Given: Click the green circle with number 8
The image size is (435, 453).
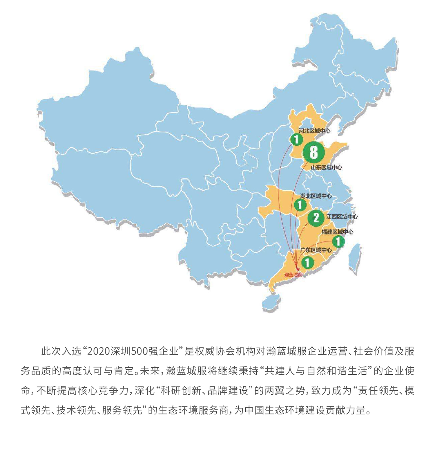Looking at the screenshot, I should [313, 152].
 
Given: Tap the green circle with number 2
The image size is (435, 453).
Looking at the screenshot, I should [316, 218].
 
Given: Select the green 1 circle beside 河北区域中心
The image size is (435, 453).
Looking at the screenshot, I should [296, 139].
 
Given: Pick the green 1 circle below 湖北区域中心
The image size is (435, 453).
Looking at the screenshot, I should [300, 205].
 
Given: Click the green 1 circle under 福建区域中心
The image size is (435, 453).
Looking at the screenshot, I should [338, 241].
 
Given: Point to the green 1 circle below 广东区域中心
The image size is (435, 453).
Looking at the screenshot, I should [308, 263].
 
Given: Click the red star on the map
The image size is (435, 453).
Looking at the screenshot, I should [298, 269].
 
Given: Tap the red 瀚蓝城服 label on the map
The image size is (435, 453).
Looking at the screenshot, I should [293, 275].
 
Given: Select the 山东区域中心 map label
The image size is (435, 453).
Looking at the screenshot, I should [326, 167].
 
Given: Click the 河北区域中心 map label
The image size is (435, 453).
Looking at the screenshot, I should [314, 131].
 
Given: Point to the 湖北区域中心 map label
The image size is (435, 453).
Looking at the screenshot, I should [316, 196].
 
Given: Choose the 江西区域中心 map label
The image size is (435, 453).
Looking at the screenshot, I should [342, 217].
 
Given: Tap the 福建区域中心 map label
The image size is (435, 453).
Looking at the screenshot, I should [337, 232].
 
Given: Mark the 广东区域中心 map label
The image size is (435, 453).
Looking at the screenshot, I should [316, 250].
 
